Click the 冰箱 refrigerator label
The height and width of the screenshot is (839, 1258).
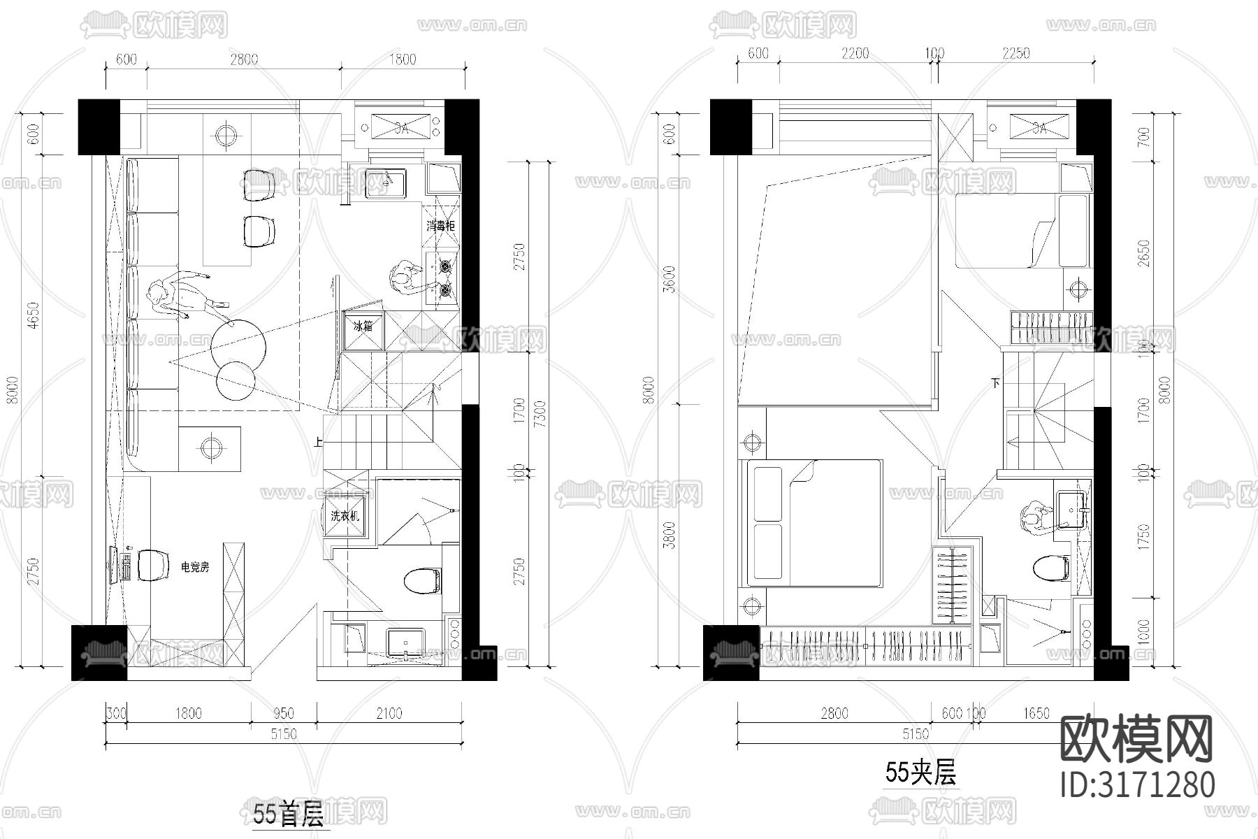[x=364, y=326]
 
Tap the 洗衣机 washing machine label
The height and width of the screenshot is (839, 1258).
[x=345, y=516]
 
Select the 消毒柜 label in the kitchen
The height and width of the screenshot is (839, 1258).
[x=441, y=226]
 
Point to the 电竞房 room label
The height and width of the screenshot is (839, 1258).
[x=195, y=567]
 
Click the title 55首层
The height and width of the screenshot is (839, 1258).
[x=288, y=815]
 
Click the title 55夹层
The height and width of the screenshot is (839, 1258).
[x=920, y=773]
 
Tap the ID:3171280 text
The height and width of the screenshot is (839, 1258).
[x=1137, y=784]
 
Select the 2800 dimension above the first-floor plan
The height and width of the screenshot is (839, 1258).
[x=243, y=59]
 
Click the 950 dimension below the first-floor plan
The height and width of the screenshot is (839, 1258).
[x=283, y=713]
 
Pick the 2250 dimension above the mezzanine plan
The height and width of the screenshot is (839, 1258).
[x=1015, y=53]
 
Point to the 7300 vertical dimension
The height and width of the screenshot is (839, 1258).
[x=538, y=414]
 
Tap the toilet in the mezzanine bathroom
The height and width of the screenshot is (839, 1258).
[x=1050, y=567]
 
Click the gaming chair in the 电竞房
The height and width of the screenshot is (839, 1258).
[x=153, y=565]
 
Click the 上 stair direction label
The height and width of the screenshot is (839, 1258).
[x=318, y=441]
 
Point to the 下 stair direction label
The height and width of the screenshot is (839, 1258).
[x=995, y=383]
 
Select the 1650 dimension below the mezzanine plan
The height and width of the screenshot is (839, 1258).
[x=1036, y=713]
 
